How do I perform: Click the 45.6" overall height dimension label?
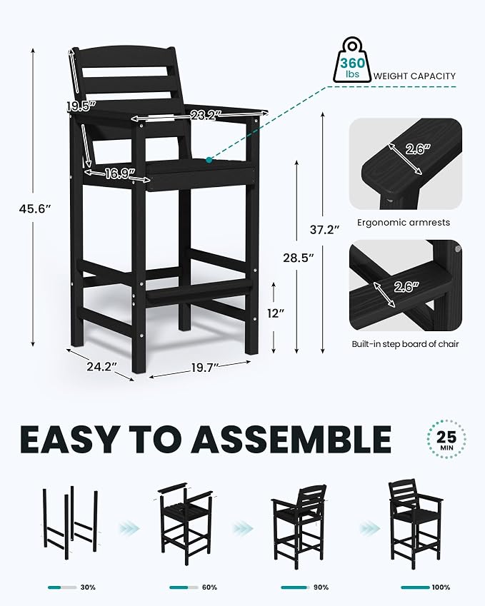point(35,208)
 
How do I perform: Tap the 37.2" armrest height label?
point(325,230)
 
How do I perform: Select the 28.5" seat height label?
point(298,258)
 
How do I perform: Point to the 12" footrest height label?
point(276,313)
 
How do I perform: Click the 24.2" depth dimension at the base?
point(101,366)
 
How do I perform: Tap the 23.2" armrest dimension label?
point(205,114)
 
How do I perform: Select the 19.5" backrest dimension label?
point(81,106)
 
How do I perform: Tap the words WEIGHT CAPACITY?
point(414,76)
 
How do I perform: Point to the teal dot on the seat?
point(209,160)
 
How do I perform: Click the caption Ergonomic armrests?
point(404,223)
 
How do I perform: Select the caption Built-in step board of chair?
point(405,343)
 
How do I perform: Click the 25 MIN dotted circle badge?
point(446,440)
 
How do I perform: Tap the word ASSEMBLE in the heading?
point(291,440)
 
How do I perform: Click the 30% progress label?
point(88,587)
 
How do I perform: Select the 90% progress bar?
point(296,587)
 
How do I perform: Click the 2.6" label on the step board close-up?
point(406,287)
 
